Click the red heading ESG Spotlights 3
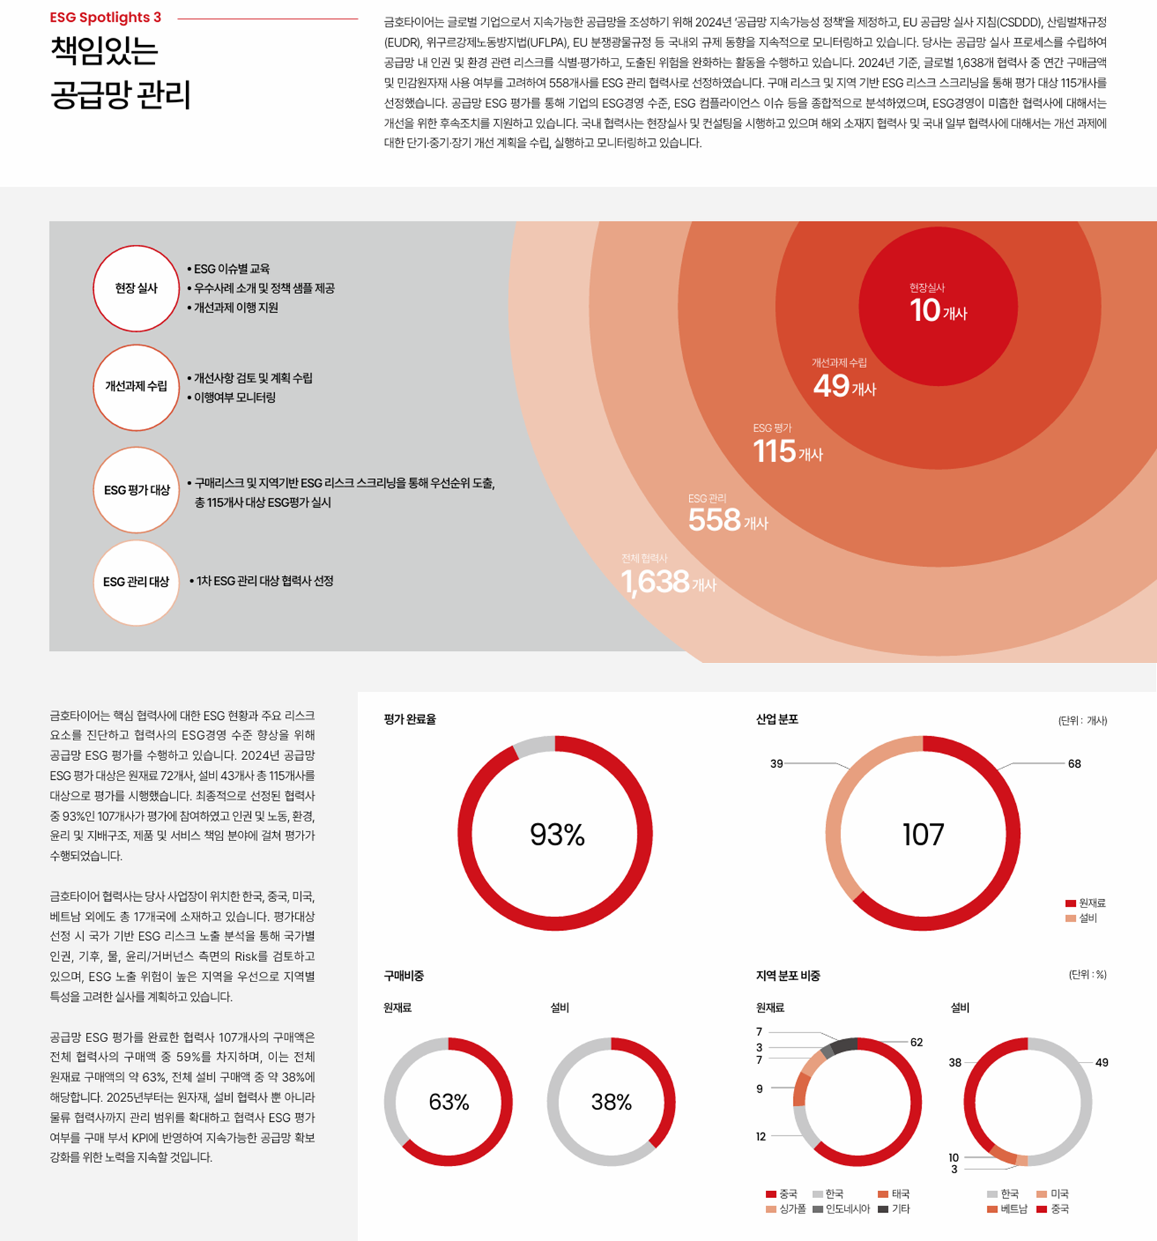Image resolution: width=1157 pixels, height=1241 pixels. tap(105, 18)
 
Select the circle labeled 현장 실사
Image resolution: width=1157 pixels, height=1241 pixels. tap(136, 288)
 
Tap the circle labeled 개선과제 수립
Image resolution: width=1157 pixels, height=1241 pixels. tap(136, 386)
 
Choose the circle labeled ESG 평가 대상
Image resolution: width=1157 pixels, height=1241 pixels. tap(136, 490)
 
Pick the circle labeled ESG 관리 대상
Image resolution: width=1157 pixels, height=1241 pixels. tap(136, 582)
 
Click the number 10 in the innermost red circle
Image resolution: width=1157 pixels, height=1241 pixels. tap(925, 311)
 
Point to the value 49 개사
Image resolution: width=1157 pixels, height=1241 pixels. tap(844, 386)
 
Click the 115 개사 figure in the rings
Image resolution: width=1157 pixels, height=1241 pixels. tap(787, 452)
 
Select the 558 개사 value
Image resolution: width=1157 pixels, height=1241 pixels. tap(727, 520)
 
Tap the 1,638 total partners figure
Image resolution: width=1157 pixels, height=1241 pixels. tap(667, 582)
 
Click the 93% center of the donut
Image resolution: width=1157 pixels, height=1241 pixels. tap(557, 835)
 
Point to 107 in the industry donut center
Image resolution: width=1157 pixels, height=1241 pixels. tap(923, 835)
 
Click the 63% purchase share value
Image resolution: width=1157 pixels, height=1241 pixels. tap(448, 1102)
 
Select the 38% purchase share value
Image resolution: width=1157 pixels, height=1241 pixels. tap(611, 1102)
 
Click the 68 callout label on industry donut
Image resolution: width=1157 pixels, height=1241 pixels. tap(1074, 764)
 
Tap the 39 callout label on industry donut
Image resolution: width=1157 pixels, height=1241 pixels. tap(776, 764)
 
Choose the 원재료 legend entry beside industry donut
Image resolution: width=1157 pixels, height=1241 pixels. tap(1086, 903)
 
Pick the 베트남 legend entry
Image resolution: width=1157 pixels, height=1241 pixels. tap(1008, 1209)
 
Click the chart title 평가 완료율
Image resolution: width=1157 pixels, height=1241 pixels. tap(410, 719)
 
